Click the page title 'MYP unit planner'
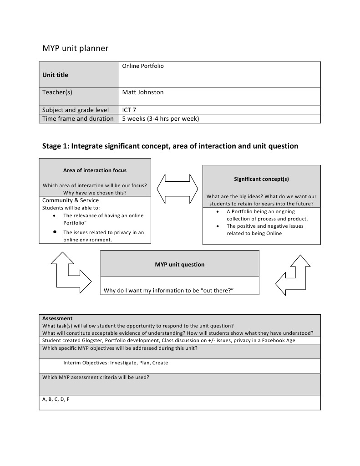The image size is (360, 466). [75, 48]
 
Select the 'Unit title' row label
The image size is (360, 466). [55, 75]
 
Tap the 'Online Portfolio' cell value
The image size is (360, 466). [143, 66]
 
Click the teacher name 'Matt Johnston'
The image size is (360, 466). [143, 92]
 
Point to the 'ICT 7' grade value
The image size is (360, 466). [129, 110]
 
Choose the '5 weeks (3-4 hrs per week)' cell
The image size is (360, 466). [161, 118]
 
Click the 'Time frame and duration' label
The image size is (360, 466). [78, 118]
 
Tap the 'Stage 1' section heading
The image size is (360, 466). [170, 146]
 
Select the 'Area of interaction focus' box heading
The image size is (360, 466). [95, 170]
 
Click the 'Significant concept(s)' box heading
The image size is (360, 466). [261, 179]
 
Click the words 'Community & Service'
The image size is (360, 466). [71, 200]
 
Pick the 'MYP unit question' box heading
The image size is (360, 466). [179, 264]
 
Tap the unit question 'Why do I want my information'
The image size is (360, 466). [168, 290]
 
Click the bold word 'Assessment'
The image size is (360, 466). [57, 318]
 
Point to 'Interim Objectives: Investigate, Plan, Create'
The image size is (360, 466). [116, 363]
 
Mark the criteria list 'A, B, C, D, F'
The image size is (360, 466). [56, 399]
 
